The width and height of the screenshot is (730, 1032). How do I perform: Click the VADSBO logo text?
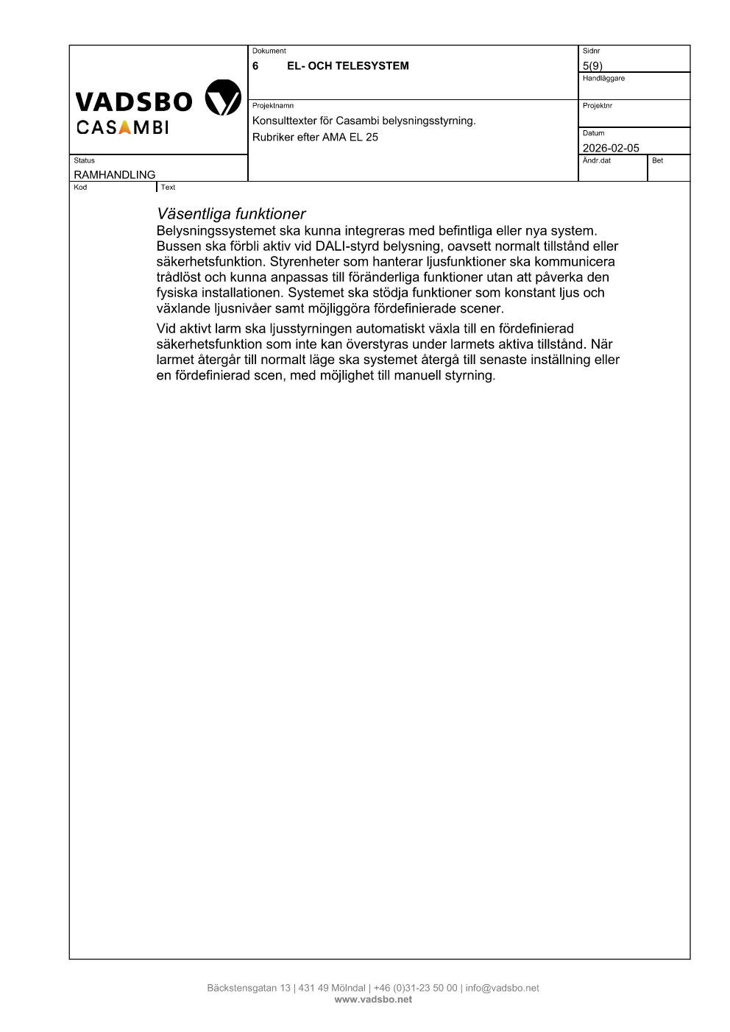click(134, 101)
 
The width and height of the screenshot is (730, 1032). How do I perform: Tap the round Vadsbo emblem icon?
click(222, 98)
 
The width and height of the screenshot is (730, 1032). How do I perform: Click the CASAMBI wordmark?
click(122, 127)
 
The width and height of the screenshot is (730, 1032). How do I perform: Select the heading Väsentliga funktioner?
click(231, 214)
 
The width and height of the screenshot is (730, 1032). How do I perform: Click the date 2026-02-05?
click(611, 148)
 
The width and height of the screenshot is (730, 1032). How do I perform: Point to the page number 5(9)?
click(592, 65)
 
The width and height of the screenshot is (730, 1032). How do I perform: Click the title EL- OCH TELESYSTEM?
click(347, 65)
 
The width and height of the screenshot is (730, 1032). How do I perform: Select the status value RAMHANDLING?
click(115, 175)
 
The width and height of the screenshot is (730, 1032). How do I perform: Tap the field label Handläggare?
click(603, 78)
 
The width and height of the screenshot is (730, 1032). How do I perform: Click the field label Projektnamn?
click(273, 106)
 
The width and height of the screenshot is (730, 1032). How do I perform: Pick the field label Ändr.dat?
click(597, 160)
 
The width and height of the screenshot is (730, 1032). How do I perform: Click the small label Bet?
click(657, 160)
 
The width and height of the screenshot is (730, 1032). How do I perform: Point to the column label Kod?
click(80, 187)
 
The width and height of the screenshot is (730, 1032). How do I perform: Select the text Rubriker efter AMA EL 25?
click(315, 137)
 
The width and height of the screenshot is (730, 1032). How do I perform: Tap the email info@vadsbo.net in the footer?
click(502, 988)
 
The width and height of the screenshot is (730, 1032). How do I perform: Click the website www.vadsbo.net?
click(373, 1000)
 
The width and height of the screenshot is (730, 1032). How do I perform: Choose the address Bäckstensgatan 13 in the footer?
click(249, 988)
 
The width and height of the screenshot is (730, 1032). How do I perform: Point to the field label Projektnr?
click(598, 106)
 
